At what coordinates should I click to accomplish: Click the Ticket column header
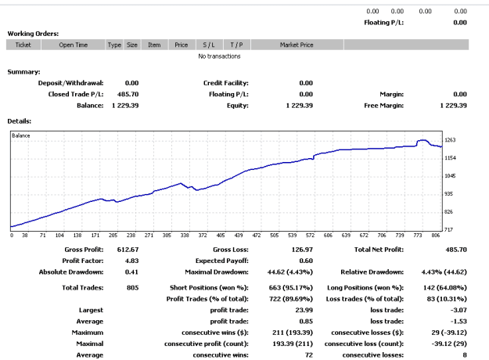pos(23,45)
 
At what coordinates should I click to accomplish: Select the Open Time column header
pos(74,45)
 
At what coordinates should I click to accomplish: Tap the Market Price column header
pos(297,45)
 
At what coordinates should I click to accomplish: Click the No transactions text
pos(219,56)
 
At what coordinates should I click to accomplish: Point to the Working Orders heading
pos(33,34)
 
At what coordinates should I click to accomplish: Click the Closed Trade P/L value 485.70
pos(128,94)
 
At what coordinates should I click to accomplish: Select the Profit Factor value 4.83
pos(131,261)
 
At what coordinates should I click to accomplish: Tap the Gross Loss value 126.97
pos(302,250)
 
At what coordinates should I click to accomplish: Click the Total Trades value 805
pos(132,288)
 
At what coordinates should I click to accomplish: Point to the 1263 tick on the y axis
pos(450,140)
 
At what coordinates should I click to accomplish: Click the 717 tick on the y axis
pos(448,229)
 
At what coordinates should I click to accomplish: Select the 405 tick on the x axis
pos(221,236)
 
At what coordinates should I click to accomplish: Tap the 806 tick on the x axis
pos(435,236)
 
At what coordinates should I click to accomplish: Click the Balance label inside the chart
pos(21,135)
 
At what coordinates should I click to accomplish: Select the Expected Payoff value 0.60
pos(306,261)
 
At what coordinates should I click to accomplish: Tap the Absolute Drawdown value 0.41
pos(131,272)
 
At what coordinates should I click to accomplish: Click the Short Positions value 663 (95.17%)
pos(290,288)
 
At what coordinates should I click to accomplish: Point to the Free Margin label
pos(383,106)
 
